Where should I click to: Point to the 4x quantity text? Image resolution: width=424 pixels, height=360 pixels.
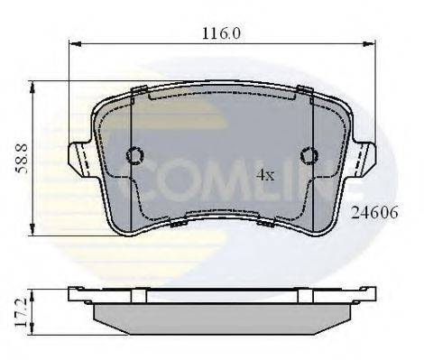tap(264, 174)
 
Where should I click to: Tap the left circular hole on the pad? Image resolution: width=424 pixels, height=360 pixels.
tap(135, 155)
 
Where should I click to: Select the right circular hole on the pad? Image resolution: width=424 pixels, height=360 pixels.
tap(309, 155)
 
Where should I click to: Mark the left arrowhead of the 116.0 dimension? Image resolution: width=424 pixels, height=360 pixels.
tap(75, 43)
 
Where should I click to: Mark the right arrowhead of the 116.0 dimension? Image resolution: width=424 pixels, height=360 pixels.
tap(371, 43)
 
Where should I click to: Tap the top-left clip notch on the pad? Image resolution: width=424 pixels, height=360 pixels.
tap(139, 90)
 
